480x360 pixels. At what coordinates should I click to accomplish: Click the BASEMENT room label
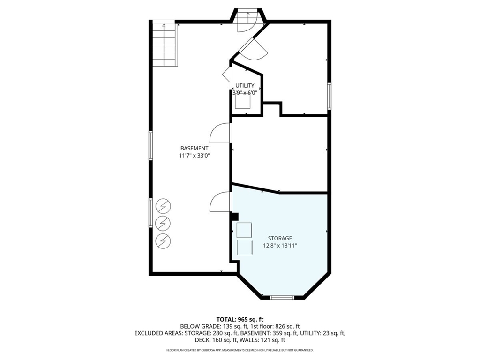pyautogui.click(x=194, y=148)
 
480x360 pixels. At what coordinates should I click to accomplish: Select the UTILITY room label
pyautogui.click(x=245, y=85)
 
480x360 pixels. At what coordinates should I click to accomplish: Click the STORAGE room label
pyautogui.click(x=280, y=238)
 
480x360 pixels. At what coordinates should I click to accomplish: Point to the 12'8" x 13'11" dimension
pyautogui.click(x=280, y=246)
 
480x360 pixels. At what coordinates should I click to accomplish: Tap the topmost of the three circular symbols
pyautogui.click(x=163, y=205)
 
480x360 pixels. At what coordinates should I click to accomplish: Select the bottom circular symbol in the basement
pyautogui.click(x=163, y=240)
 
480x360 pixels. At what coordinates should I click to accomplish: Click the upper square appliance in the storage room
pyautogui.click(x=244, y=230)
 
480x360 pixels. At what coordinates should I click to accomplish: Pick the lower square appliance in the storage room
pyautogui.click(x=244, y=247)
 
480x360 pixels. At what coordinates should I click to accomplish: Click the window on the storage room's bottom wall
pyautogui.click(x=282, y=297)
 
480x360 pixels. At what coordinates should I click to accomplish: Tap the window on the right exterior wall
pyautogui.click(x=329, y=96)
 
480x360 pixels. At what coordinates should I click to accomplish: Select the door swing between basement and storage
pyautogui.click(x=220, y=202)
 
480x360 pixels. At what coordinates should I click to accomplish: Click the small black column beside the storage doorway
pyautogui.click(x=235, y=216)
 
